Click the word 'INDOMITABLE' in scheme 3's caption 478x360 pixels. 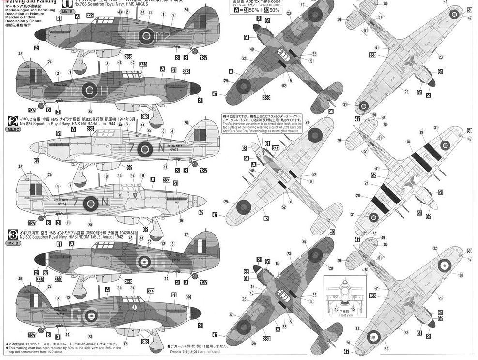tap(98, 238)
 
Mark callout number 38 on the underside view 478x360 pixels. tap(460, 275)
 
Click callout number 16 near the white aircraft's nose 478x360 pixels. tap(181, 220)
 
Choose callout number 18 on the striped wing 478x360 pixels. tap(408, 142)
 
